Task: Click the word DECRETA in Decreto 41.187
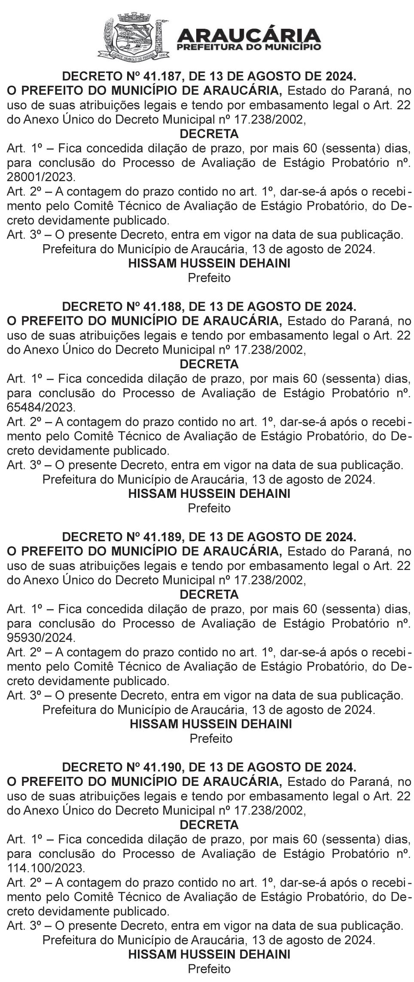coord(209,134)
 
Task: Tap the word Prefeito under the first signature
coord(209,278)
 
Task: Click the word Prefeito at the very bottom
coord(209,969)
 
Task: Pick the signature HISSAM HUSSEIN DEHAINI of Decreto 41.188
coord(209,494)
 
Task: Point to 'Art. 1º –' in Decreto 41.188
coord(28,379)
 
